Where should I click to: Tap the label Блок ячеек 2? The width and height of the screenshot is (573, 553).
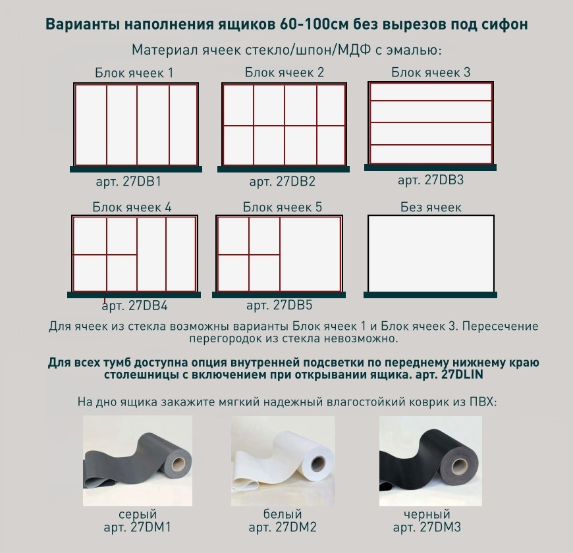[x=285, y=72]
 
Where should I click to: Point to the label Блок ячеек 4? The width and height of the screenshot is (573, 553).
[x=132, y=207]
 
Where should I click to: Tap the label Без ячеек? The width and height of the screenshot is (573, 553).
[x=431, y=207]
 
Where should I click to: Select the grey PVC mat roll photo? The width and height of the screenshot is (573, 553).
[x=138, y=461]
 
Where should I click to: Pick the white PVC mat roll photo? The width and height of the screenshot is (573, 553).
[x=283, y=461]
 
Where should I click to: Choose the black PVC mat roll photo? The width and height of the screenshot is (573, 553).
[x=431, y=461]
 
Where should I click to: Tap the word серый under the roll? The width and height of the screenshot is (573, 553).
[x=138, y=514]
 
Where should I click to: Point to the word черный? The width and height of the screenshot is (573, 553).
[x=427, y=514]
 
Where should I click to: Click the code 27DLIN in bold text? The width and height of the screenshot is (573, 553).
[x=462, y=375]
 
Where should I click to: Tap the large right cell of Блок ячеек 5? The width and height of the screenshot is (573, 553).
[x=310, y=255]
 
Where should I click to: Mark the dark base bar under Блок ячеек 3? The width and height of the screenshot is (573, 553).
[x=431, y=168]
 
